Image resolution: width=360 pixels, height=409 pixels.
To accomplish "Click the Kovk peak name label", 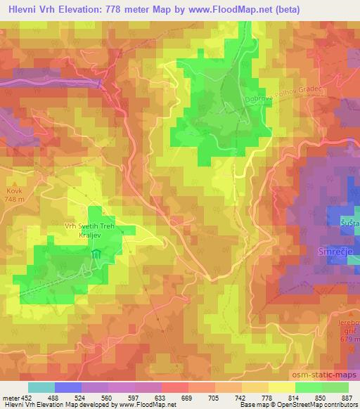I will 14,190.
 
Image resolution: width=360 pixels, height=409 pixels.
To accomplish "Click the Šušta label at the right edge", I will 351,223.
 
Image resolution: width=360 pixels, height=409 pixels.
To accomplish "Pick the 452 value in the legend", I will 22,397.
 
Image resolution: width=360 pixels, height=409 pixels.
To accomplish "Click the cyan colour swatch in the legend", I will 41,387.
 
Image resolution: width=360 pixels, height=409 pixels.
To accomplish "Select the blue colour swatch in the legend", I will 68,387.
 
